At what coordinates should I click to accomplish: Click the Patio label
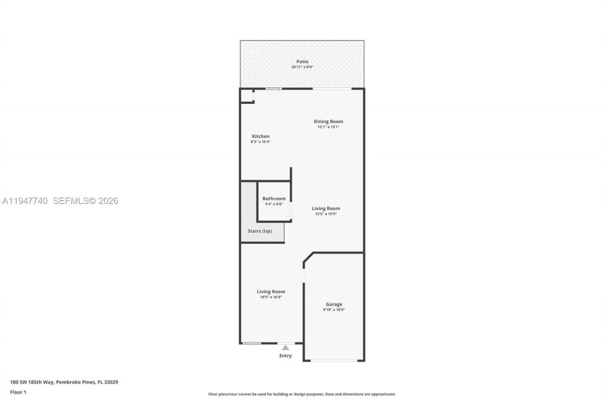[x=302, y=61]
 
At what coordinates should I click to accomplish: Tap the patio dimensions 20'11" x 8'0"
[x=302, y=67]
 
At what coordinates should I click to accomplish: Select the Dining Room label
[x=328, y=122]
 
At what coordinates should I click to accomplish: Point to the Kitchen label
[x=260, y=136]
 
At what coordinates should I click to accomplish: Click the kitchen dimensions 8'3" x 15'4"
[x=260, y=142]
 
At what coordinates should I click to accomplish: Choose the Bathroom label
[x=274, y=198]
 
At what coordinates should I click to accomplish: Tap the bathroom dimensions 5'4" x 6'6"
[x=274, y=204]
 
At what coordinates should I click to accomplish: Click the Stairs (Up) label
[x=260, y=231]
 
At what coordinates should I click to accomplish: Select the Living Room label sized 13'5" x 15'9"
[x=326, y=208]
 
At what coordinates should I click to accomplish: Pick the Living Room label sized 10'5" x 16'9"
[x=271, y=291]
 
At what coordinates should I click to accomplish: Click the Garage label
[x=334, y=304]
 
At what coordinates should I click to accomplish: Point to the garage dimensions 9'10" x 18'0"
[x=334, y=310]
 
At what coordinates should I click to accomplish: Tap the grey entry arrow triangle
[x=285, y=347]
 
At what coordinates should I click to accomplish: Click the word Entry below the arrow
[x=285, y=356]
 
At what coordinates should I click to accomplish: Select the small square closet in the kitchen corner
[x=247, y=96]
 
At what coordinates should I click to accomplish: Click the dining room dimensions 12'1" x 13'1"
[x=328, y=127]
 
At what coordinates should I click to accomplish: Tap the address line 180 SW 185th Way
[x=64, y=382]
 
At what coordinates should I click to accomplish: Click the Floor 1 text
[x=18, y=392]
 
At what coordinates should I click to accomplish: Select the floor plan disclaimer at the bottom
[x=302, y=394]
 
